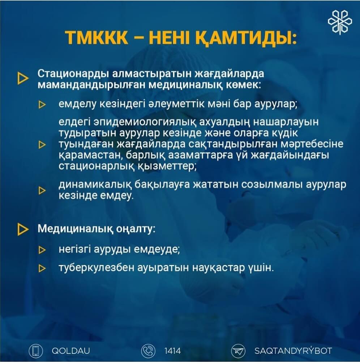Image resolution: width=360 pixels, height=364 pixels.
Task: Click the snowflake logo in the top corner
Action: coord(340,22)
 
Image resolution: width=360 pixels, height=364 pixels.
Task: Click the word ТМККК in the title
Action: coord(96,38)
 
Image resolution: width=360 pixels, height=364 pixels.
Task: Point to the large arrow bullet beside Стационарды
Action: coord(22,79)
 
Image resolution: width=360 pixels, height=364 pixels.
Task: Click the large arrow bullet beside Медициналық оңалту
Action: coord(22,229)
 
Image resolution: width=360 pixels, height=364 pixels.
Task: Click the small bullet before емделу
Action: coord(42,105)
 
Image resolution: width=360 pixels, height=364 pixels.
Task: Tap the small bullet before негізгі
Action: coord(42,250)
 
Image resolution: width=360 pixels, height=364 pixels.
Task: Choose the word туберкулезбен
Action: coord(97,268)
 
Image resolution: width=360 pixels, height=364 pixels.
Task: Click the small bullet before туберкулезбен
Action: coord(42,268)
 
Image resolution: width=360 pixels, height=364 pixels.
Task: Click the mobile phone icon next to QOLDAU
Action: coord(36,351)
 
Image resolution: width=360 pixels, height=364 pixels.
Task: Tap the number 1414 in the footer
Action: coord(172,351)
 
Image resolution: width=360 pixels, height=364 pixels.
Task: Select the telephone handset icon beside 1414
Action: coord(148,351)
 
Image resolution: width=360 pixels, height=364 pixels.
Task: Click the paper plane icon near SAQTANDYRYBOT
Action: coord(238,351)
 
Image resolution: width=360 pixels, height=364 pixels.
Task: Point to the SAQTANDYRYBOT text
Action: coord(293,350)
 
